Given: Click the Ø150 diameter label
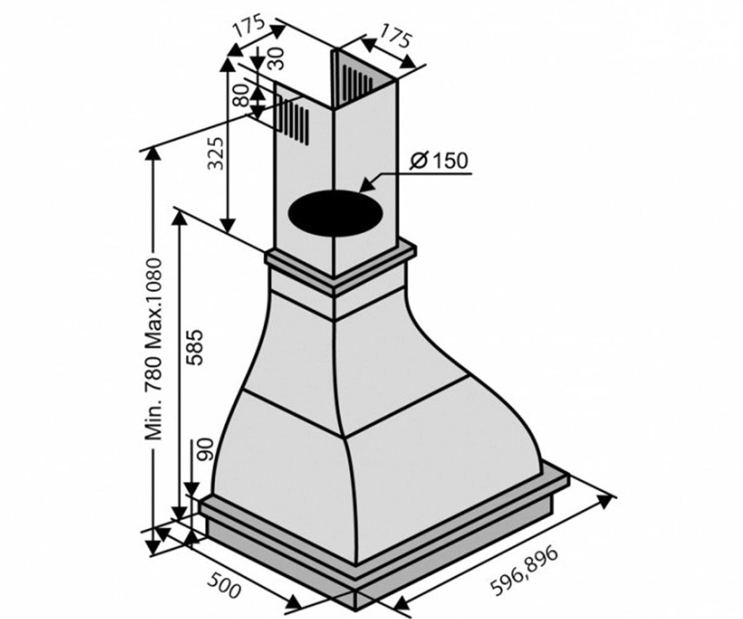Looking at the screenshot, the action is click(x=438, y=161).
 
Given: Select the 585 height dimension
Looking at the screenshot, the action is click(x=195, y=347).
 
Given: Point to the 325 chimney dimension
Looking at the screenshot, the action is click(x=216, y=153).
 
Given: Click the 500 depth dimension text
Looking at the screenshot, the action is click(x=224, y=564).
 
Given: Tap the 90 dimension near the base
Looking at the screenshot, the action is click(x=206, y=450).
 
